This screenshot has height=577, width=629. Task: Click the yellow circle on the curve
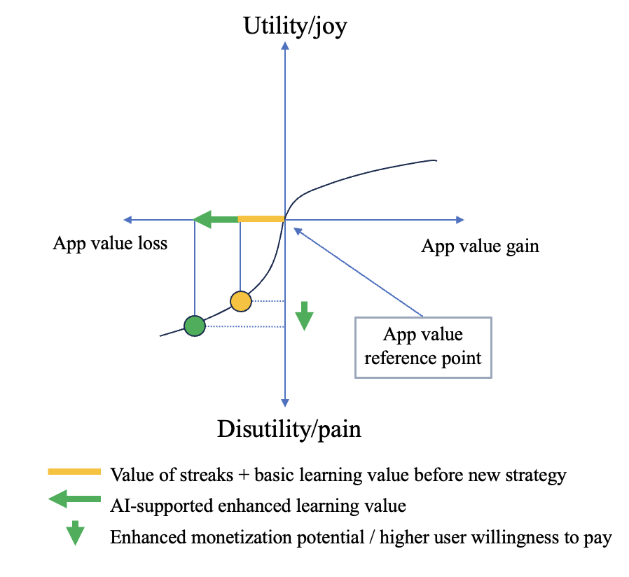(240, 301)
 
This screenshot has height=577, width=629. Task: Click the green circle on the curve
(195, 326)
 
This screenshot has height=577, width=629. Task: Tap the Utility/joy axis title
(295, 27)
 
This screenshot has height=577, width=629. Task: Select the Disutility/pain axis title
(289, 428)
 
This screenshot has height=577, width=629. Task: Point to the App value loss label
(110, 244)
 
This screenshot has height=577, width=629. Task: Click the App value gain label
(480, 246)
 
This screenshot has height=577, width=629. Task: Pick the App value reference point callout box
(423, 347)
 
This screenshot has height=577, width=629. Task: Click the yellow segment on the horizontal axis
(261, 220)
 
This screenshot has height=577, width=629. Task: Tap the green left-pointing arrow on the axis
(214, 220)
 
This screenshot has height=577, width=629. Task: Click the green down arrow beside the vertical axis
(303, 316)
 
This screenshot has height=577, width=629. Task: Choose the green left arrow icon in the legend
(74, 501)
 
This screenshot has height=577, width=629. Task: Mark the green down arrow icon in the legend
(74, 534)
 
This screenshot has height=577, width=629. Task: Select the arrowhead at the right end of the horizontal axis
(460, 220)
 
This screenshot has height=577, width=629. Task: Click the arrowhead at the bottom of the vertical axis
(284, 402)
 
